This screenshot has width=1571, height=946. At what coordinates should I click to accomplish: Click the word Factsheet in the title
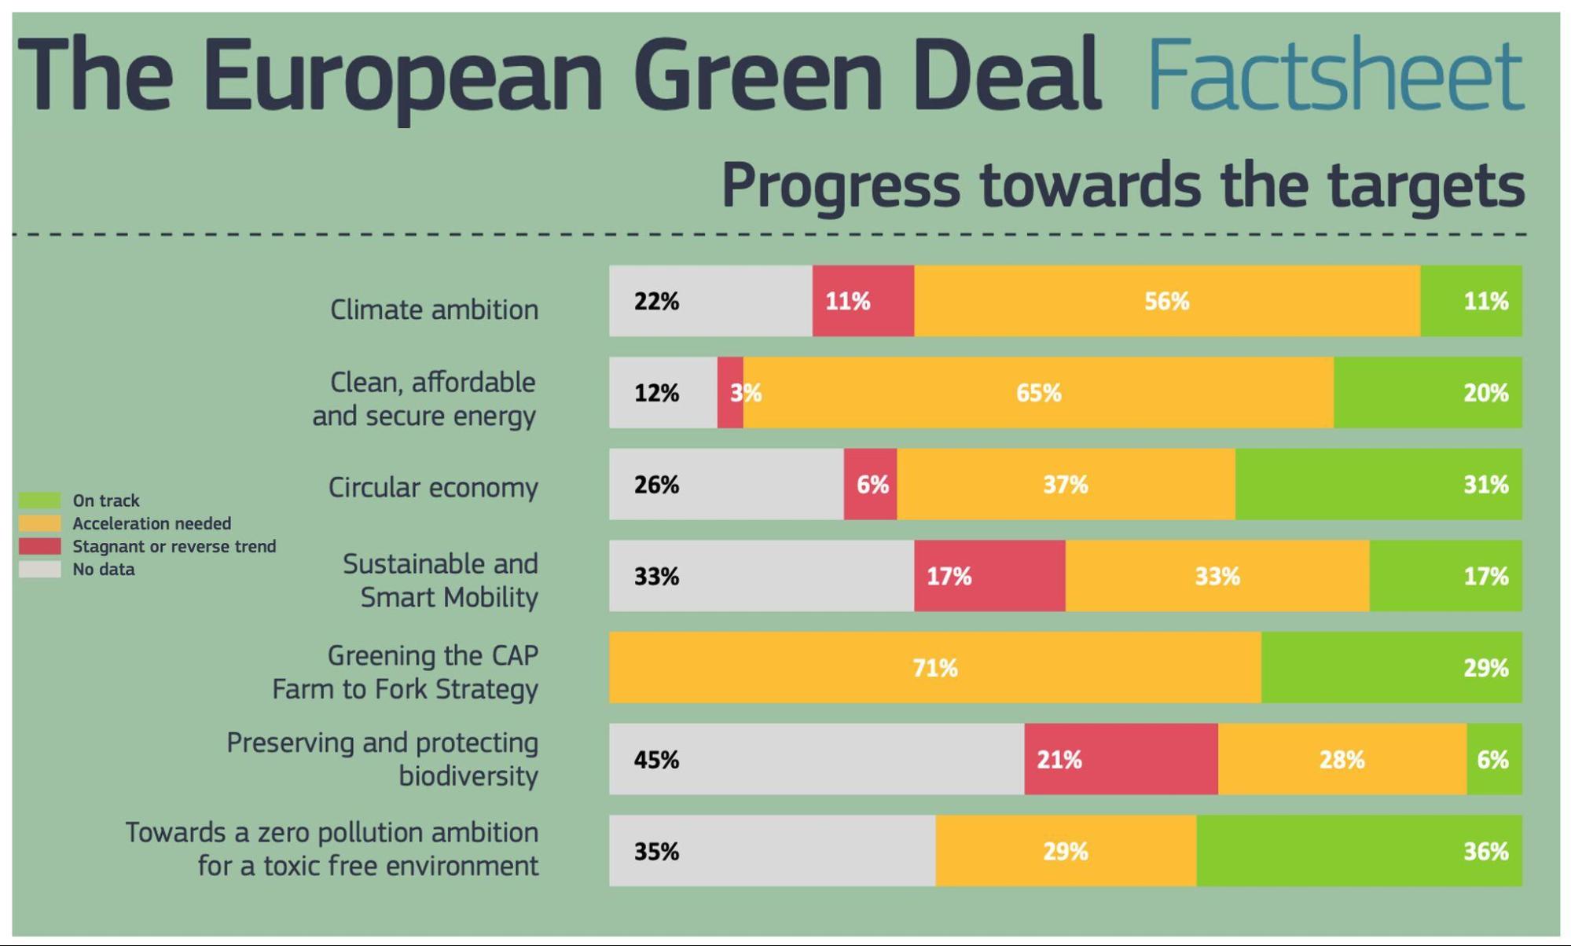tap(1334, 75)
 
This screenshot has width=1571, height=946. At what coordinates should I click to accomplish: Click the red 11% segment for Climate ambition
tap(862, 301)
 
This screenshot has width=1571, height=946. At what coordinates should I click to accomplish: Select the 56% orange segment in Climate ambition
tap(1166, 301)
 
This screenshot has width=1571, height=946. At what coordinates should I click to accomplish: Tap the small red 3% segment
tap(730, 393)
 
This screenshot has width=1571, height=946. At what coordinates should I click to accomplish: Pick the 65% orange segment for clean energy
tap(1037, 393)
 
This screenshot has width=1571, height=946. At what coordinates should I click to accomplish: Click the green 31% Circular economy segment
tap(1378, 484)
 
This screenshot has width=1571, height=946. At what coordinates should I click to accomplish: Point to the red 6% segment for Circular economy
tap(870, 484)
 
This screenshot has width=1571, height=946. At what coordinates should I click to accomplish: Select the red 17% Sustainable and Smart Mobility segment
tap(989, 576)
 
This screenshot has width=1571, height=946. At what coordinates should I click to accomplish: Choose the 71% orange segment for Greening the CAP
tap(934, 668)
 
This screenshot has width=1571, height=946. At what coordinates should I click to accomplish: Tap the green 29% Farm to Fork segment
tap(1391, 668)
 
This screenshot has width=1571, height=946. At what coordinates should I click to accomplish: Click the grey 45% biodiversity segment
tap(816, 759)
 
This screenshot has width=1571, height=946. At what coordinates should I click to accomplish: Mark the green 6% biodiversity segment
tap(1493, 759)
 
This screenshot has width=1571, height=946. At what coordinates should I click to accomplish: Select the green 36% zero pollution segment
tap(1359, 851)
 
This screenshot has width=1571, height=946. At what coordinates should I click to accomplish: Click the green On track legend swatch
tap(39, 500)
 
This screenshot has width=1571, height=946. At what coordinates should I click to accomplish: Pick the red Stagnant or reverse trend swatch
tap(39, 546)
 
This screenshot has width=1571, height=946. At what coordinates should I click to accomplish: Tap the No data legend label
tap(103, 570)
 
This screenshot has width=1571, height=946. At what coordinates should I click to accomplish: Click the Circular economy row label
tap(433, 488)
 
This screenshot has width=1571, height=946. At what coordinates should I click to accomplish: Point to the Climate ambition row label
tap(434, 310)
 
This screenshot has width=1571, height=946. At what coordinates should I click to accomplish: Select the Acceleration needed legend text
tap(152, 523)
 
